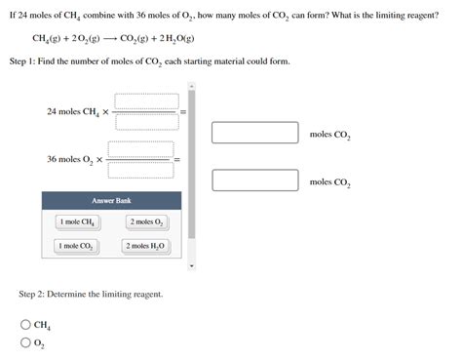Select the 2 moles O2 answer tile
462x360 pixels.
pos(146,221)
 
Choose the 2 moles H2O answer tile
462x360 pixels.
pos(146,246)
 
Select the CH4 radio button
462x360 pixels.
pos(24,325)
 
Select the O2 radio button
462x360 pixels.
pos(24,342)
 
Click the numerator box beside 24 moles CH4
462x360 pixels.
pos(146,100)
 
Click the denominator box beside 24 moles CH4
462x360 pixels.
pos(146,121)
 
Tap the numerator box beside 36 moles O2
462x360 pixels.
pos(140,148)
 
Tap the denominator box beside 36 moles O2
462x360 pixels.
pos(140,169)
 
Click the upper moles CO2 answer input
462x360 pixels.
pos(254,133)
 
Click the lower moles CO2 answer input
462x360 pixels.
pos(254,180)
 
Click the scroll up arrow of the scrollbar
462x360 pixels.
pos(191,85)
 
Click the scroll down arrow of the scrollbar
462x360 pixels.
pos(191,265)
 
